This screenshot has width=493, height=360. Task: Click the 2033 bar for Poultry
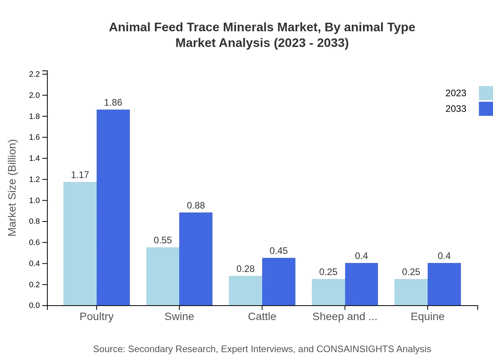113,207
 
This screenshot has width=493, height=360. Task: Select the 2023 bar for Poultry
80,243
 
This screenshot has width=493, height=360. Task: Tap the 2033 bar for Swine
196,259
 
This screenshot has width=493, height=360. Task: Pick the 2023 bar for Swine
163,276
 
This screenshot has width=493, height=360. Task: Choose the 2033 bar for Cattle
279,281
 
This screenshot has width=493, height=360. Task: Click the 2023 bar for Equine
411,292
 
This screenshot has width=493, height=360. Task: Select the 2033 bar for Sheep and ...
362,284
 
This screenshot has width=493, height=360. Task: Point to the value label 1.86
113,103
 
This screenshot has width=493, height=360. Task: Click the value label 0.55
163,240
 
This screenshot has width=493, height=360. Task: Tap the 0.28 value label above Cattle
245,269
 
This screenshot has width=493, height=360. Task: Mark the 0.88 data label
196,205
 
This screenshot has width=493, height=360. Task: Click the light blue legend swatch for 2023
486,93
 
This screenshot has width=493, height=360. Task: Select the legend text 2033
456,109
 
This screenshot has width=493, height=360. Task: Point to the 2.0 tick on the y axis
35,95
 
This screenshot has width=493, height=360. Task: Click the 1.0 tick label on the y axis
35,200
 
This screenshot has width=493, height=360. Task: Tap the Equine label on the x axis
427,317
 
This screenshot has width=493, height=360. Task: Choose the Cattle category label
262,317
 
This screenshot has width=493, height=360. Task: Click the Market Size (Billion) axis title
12,188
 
